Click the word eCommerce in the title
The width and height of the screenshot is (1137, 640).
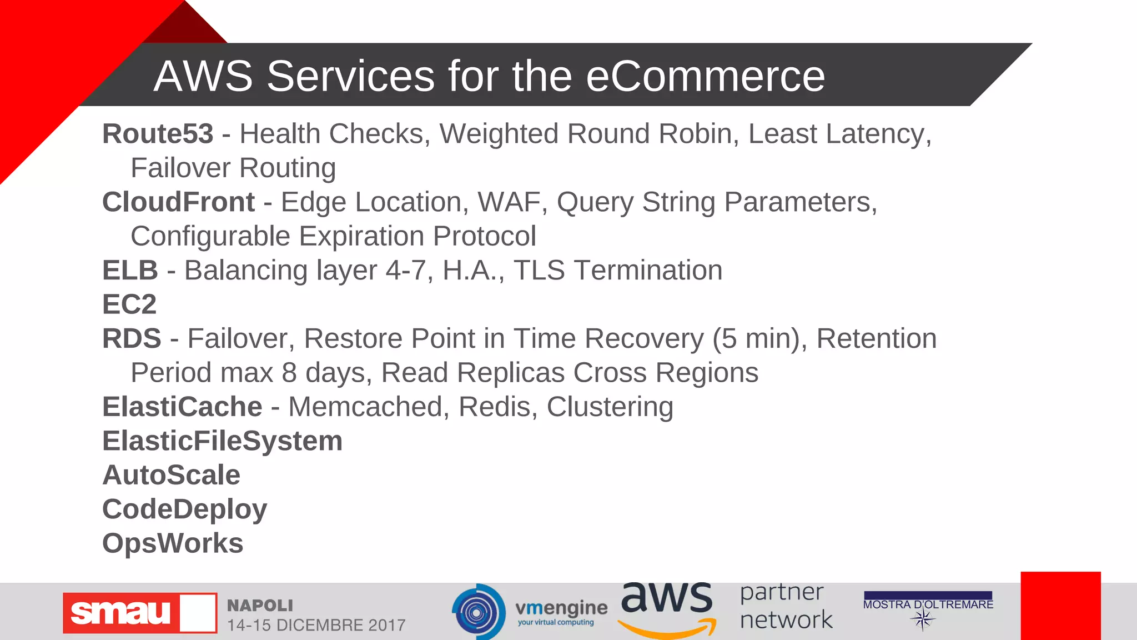[705, 76]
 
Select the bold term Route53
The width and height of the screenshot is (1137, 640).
[158, 134]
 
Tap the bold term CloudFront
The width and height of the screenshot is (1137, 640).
[178, 202]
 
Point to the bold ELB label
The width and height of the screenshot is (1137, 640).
[130, 271]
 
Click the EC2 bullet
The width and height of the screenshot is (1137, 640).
[129, 304]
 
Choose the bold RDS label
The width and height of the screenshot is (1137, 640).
[132, 339]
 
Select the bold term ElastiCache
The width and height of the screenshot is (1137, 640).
[182, 407]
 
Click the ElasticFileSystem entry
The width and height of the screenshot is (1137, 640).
[222, 441]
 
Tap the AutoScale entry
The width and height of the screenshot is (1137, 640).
[171, 476]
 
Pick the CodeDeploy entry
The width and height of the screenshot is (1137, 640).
[184, 509]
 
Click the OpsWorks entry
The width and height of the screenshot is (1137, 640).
[173, 543]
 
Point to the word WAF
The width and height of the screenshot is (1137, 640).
[509, 202]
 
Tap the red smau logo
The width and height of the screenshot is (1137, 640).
[139, 613]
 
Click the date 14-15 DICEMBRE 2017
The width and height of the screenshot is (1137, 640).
[316, 625]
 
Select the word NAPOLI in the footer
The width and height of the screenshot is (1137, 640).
[260, 605]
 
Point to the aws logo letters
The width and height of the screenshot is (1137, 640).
[666, 599]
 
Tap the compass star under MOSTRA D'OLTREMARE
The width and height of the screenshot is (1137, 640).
[923, 619]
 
